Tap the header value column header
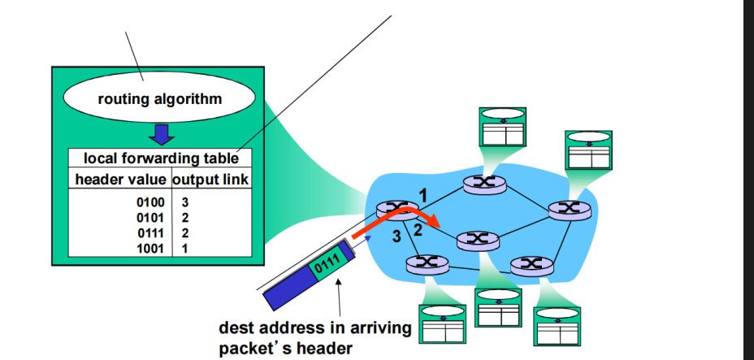pyautogui.click(x=120, y=178)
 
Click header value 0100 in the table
pyautogui.click(x=151, y=202)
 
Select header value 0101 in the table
pyautogui.click(x=151, y=217)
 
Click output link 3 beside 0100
pyautogui.click(x=185, y=202)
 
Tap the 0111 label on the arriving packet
pyautogui.click(x=326, y=262)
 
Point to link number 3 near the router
pyautogui.click(x=396, y=236)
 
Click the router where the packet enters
pyautogui.click(x=398, y=210)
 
